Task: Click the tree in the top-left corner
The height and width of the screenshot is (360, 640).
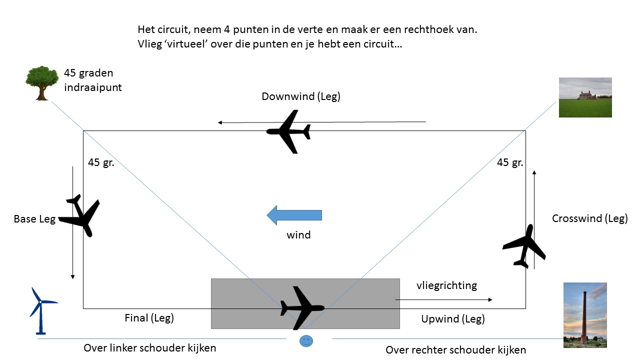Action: coord(42,82)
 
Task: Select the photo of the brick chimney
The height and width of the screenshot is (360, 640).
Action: coord(584,315)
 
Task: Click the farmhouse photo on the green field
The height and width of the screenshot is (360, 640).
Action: coord(584,97)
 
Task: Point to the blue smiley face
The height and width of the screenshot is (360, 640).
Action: coord(305,341)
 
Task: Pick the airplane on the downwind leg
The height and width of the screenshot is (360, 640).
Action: coord(289,131)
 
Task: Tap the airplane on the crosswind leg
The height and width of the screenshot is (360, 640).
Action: coord(523,245)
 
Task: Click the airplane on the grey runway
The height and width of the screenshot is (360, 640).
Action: coord(302,307)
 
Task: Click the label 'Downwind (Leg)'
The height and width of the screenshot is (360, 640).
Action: coord(300,96)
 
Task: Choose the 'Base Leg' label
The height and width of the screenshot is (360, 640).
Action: coord(34,219)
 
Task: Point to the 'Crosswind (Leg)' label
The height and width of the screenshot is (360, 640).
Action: coord(589,218)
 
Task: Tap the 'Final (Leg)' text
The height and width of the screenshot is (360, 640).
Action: coord(149,317)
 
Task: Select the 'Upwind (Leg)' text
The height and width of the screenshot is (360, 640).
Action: coord(453,318)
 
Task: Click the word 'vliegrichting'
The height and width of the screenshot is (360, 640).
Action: coord(446,285)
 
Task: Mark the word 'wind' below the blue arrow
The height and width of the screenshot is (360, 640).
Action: coord(298,234)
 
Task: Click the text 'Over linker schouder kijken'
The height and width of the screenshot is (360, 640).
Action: coord(150,348)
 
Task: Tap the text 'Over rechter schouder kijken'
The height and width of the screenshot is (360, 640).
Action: coord(455,350)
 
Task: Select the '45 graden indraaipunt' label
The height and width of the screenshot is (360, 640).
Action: coord(93,80)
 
